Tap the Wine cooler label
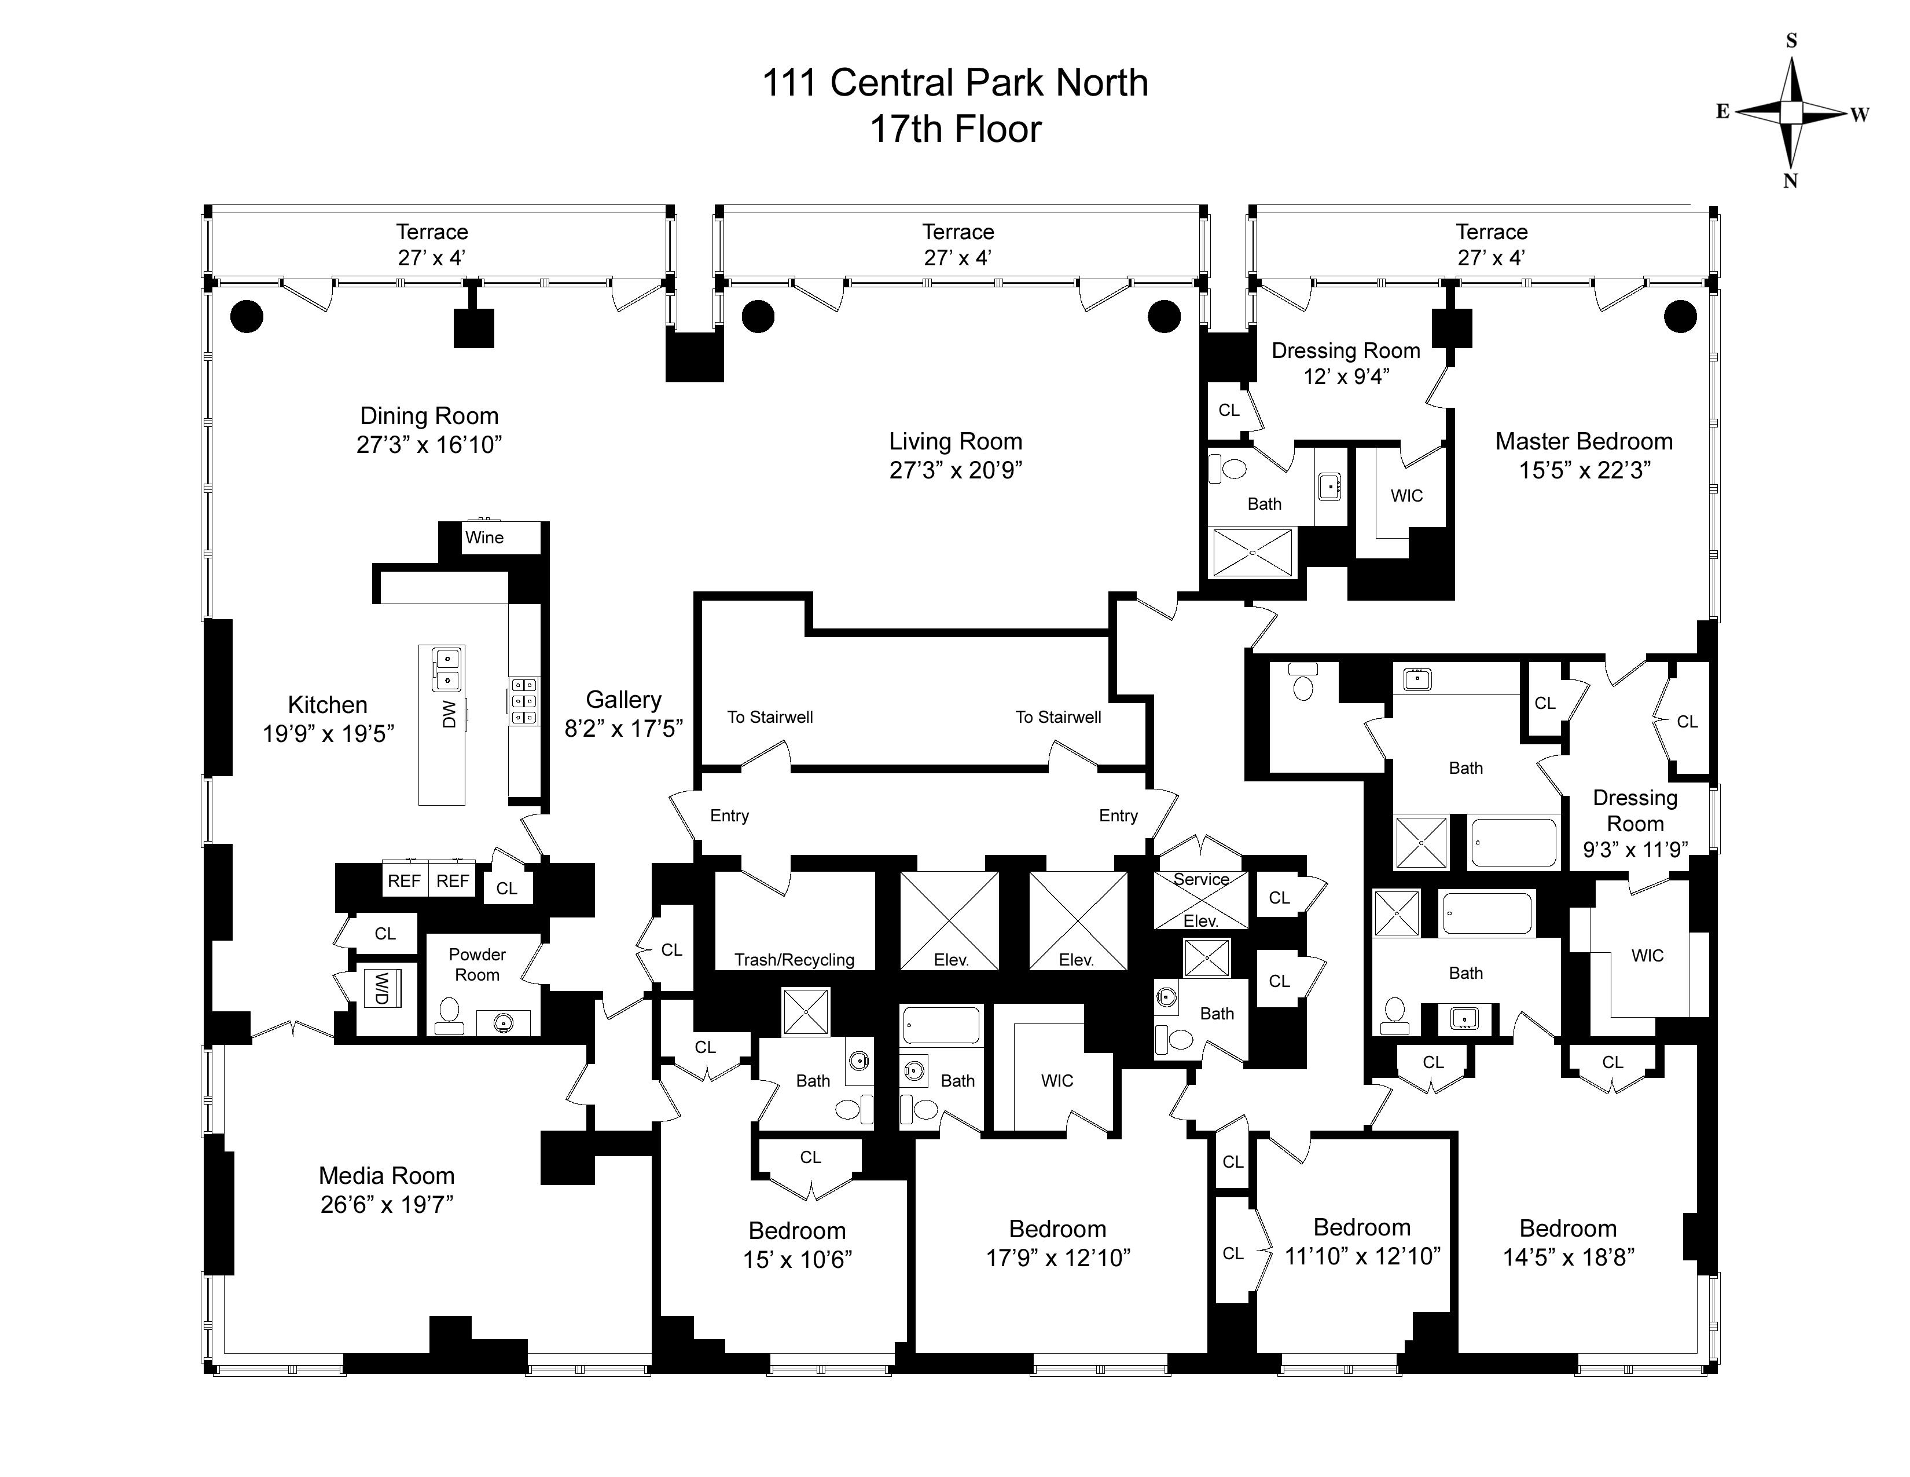point(484,538)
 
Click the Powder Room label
point(477,964)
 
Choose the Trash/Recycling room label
point(794,960)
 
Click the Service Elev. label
point(1201,900)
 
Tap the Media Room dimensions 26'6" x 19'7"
point(387,1205)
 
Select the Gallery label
point(623,700)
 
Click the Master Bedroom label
point(1584,441)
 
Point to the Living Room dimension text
point(956,470)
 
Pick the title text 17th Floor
point(955,130)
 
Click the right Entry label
point(1119,816)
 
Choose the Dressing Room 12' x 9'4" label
point(1346,363)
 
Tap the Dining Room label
point(429,416)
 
